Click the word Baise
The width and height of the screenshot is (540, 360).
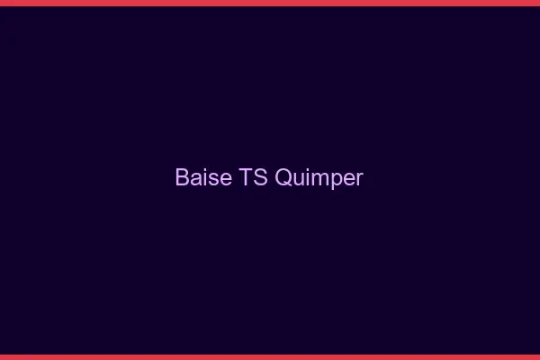tap(203, 177)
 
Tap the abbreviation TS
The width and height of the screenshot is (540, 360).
tap(253, 177)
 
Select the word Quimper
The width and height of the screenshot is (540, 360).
tap(319, 178)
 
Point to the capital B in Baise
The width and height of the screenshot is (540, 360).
tap(183, 177)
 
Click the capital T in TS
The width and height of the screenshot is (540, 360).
tap(246, 177)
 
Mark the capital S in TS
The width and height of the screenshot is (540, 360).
tap(259, 177)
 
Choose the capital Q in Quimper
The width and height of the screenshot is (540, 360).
tap(283, 177)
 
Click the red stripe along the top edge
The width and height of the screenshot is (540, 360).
tap(270, 3)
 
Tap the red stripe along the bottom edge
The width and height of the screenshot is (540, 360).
tap(270, 356)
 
